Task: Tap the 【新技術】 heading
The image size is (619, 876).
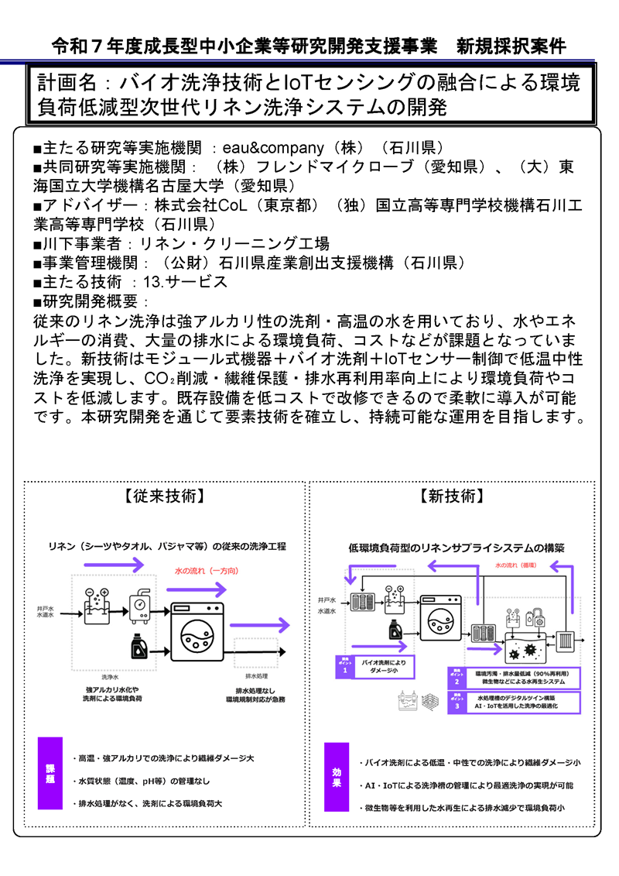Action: [x=452, y=496]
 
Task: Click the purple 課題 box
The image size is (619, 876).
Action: [x=50, y=775]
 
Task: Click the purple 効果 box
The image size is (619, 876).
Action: [x=337, y=777]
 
